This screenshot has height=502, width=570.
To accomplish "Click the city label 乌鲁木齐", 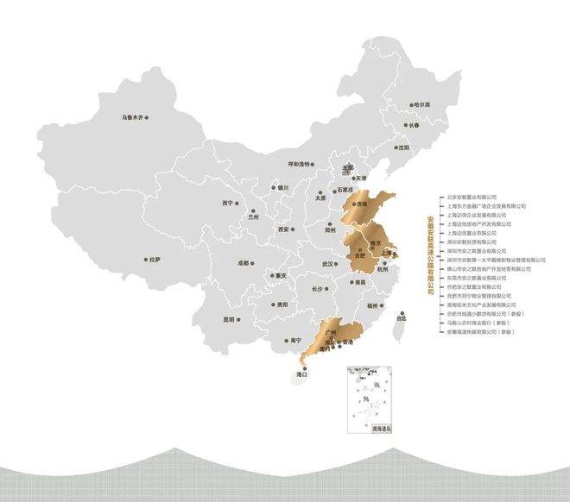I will pyautogui.click(x=136, y=117).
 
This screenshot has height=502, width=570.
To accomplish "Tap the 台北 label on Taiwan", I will pyautogui.click(x=399, y=318).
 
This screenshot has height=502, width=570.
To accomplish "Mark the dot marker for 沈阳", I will pyautogui.click(x=394, y=147).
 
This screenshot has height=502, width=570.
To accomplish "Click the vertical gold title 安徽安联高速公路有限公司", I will pyautogui.click(x=431, y=254).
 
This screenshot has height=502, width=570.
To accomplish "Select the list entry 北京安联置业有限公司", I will pyautogui.click(x=473, y=198).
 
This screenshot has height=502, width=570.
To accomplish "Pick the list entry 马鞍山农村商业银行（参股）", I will pyautogui.click(x=485, y=323).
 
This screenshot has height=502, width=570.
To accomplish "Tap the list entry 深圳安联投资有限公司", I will pyautogui.click(x=473, y=242).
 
